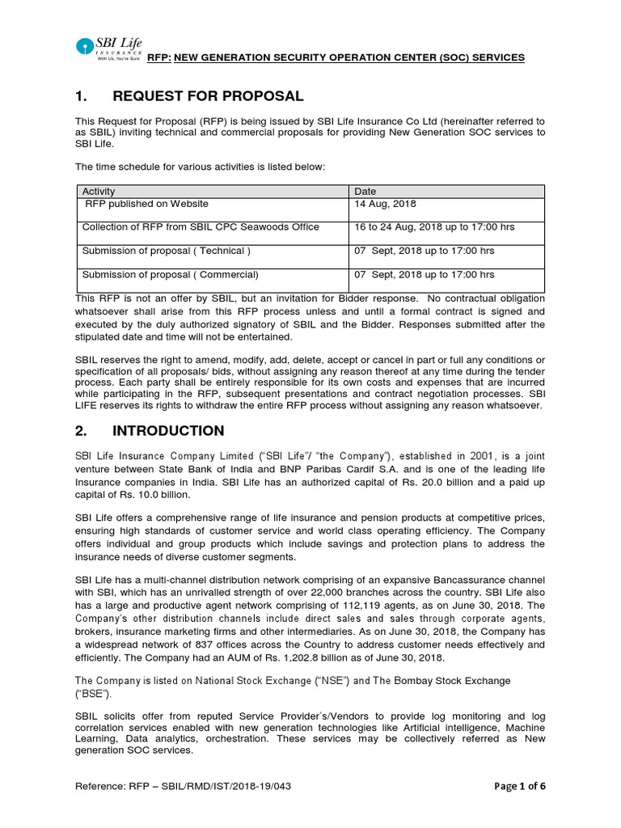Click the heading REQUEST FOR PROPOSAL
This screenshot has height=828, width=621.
tap(208, 97)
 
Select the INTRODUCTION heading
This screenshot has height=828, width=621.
tap(168, 430)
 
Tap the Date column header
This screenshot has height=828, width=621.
tap(365, 191)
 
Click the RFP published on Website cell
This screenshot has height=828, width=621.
tap(146, 204)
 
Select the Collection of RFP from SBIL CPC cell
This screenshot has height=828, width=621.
tap(201, 227)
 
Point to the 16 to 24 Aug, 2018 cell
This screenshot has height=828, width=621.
tap(434, 227)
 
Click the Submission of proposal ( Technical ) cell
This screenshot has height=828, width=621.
tap(167, 251)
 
